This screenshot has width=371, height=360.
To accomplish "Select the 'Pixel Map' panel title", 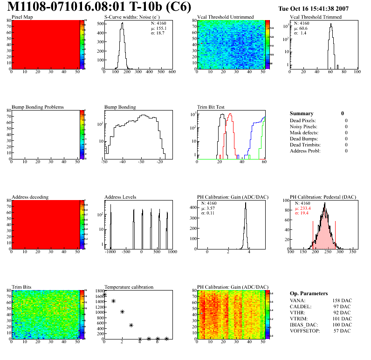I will [x=22, y=17].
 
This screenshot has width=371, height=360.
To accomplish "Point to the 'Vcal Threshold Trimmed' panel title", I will [x=316, y=17].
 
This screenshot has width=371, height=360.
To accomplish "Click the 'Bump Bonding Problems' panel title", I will [x=38, y=107].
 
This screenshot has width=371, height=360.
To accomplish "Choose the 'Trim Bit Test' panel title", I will [x=211, y=107].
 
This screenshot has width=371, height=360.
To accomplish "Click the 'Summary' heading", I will [x=302, y=113].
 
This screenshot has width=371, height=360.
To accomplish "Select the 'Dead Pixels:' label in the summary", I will [x=303, y=120].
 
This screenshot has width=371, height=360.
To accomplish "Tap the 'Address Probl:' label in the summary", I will [x=306, y=151].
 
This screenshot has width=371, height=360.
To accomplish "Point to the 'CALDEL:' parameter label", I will [x=301, y=306].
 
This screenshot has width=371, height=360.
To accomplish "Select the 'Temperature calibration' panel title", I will [x=129, y=287].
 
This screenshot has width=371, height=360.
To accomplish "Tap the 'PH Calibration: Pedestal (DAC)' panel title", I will [x=323, y=197].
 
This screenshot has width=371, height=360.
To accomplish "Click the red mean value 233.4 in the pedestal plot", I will [x=306, y=208].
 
